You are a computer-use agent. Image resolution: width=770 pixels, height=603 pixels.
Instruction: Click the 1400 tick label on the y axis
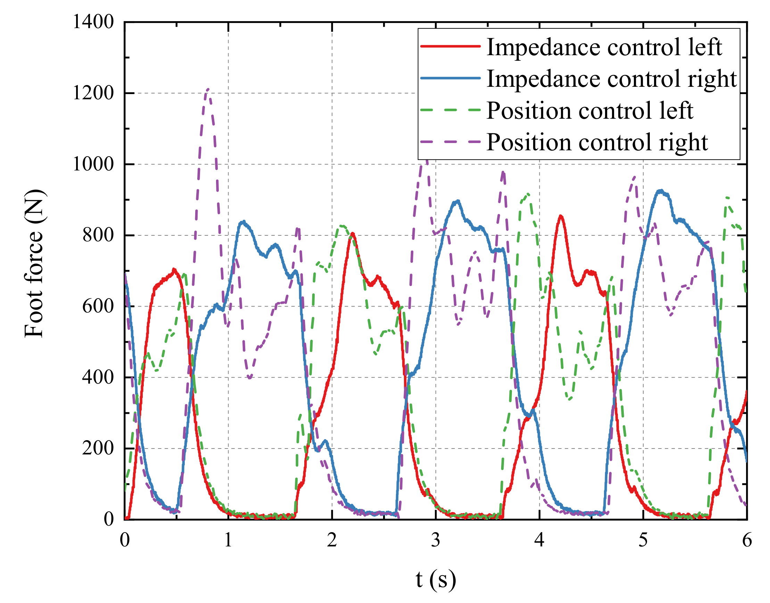click(x=93, y=22)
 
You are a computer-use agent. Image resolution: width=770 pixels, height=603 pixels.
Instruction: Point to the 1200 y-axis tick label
click(x=93, y=93)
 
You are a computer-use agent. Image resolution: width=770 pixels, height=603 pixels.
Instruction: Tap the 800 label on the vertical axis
click(x=98, y=235)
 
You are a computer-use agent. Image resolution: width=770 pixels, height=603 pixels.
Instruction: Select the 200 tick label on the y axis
click(x=98, y=449)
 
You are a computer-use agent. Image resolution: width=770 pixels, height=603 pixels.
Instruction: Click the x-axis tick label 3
click(x=435, y=540)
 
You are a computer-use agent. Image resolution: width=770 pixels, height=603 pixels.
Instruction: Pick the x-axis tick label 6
click(x=747, y=540)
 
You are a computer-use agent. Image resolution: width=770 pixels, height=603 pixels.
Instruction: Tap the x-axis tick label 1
click(x=228, y=540)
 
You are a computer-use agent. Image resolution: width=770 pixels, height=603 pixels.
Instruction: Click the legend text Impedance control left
click(x=604, y=47)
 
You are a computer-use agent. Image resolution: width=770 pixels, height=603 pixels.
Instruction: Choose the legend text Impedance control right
click(x=611, y=79)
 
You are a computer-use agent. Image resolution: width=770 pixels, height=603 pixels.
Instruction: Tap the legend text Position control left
click(x=590, y=110)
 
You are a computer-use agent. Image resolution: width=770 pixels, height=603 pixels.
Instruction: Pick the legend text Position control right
click(x=597, y=142)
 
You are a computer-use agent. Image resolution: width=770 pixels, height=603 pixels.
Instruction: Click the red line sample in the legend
click(x=450, y=46)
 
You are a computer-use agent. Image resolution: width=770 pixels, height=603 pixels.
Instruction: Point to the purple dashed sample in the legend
click(x=450, y=142)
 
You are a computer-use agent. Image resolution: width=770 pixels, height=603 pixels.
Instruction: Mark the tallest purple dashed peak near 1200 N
click(x=208, y=89)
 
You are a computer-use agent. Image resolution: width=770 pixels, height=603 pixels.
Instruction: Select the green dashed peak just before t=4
click(x=528, y=194)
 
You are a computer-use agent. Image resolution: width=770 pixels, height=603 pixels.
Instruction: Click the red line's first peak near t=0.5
click(x=173, y=270)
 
